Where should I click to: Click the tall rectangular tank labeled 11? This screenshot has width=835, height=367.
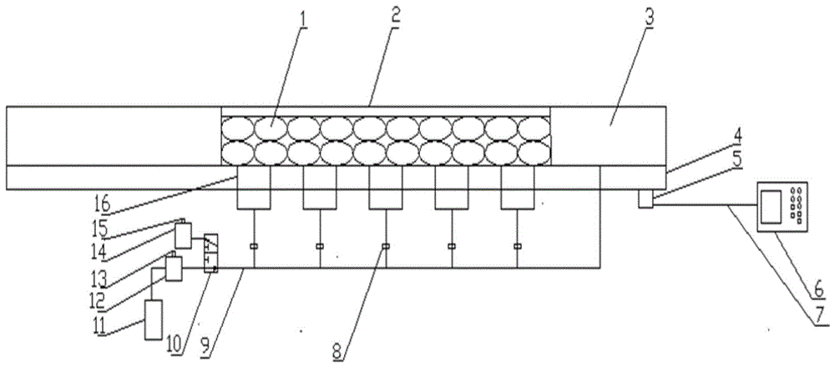pyautogui.click(x=154, y=319)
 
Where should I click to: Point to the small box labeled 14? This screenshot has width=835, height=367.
pyautogui.click(x=184, y=235)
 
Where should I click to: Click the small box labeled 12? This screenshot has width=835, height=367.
pyautogui.click(x=174, y=268)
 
